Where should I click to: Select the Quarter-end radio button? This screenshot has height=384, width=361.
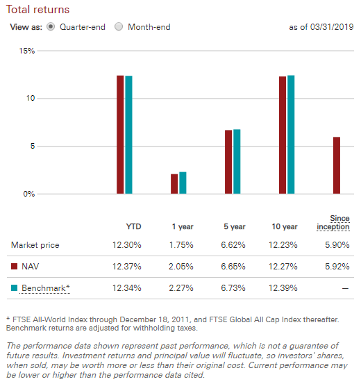[x=51, y=26]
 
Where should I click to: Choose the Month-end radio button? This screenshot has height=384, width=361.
[x=119, y=26]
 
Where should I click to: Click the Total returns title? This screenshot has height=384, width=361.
[x=37, y=10]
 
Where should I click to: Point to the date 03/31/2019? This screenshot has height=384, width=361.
[x=332, y=27]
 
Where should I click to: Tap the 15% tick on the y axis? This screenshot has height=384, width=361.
[x=27, y=51]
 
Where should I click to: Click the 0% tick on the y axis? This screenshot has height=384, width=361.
[x=29, y=194]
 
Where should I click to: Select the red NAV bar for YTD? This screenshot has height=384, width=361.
[x=120, y=135]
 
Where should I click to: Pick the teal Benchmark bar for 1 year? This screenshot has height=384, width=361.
[x=183, y=183]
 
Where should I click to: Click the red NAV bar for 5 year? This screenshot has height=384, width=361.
[x=228, y=162]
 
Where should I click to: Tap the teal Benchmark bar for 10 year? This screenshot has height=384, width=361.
[x=291, y=135]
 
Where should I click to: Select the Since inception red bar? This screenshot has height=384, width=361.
[x=337, y=165]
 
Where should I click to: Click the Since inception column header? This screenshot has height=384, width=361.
[x=333, y=222]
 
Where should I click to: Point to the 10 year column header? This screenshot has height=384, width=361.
[x=285, y=226]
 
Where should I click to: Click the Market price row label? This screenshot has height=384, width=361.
[x=35, y=245]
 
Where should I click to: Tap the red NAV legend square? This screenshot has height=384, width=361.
[x=14, y=266]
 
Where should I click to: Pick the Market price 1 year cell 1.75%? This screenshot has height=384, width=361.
[x=181, y=245]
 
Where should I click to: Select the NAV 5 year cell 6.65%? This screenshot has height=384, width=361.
[x=233, y=266]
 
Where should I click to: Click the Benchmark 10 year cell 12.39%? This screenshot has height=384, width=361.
[x=283, y=287]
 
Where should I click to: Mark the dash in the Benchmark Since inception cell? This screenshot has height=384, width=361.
[x=345, y=288]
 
